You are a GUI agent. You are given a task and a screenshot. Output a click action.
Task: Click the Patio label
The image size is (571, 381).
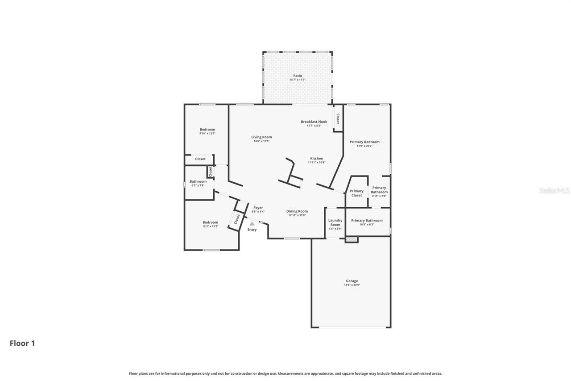[x=297, y=76]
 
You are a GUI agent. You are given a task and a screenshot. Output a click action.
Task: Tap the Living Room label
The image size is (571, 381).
[x=261, y=137]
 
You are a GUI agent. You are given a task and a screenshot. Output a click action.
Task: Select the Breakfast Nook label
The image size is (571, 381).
[x=314, y=121]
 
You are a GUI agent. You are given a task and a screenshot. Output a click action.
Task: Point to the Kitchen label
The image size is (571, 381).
[x=317, y=159]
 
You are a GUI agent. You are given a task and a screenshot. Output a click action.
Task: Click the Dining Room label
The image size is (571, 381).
[x=297, y=211]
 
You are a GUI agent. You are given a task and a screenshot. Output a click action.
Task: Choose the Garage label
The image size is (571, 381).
[x=352, y=281]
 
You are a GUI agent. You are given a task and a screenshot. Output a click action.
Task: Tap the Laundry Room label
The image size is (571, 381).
[x=335, y=222]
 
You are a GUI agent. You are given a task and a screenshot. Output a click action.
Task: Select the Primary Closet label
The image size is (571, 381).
[x=356, y=193]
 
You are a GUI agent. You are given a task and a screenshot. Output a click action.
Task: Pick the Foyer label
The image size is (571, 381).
[x=258, y=208]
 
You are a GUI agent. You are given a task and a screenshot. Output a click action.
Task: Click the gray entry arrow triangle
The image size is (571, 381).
[x=252, y=223]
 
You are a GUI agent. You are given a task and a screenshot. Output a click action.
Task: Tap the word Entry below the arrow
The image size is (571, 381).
[x=252, y=230]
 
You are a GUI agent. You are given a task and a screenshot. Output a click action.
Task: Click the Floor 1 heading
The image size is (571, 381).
[x=22, y=343]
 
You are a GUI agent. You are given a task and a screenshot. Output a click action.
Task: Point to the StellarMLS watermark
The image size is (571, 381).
[x=554, y=190]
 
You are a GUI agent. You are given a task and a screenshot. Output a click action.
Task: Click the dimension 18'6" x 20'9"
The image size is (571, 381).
[x=352, y=285]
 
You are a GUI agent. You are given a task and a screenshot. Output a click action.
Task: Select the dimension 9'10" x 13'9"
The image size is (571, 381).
[x=207, y=134]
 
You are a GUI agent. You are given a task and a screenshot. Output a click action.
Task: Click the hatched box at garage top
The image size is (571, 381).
[x=352, y=240]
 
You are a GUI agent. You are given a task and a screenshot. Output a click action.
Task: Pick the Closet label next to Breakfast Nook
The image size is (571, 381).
[x=338, y=118]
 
